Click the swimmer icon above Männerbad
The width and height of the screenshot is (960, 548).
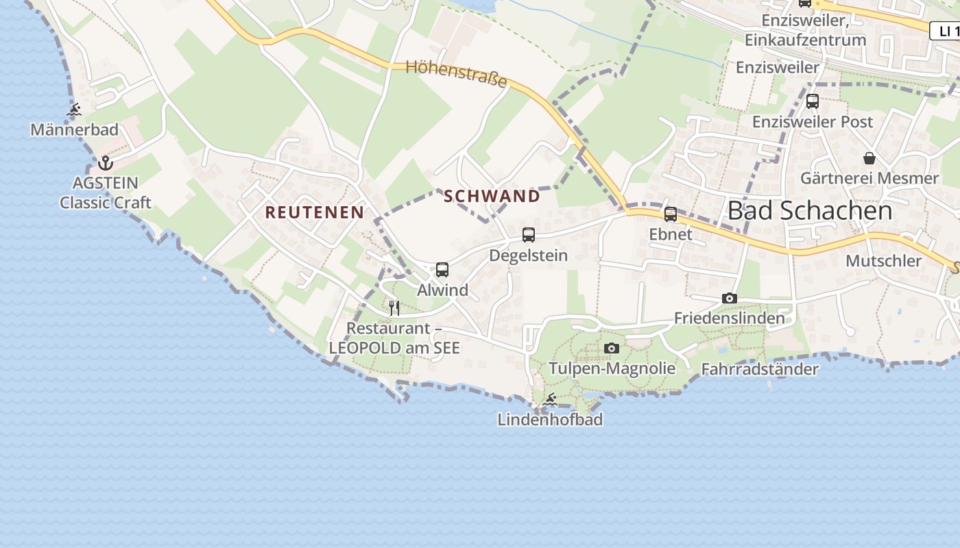[x=74, y=110]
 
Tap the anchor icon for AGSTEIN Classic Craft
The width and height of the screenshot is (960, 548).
[x=105, y=163]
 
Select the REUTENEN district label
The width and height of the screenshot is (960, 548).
[x=315, y=212]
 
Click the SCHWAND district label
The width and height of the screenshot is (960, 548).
[x=492, y=197]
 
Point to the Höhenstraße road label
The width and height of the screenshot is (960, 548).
[x=456, y=74]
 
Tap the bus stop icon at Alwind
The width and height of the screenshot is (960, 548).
[x=442, y=270]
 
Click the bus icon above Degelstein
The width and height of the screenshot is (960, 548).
[x=529, y=235]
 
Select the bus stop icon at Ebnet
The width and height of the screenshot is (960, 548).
[x=671, y=214]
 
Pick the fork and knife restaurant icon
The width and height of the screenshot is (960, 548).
[x=394, y=308]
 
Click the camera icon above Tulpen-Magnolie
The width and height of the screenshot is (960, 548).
[x=612, y=349]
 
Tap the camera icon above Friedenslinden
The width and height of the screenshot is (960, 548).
[x=730, y=299]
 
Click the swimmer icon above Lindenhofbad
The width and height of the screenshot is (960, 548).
[x=550, y=399]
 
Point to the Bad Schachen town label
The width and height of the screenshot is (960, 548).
[x=810, y=211]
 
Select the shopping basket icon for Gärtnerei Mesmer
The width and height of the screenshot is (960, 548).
[x=869, y=158]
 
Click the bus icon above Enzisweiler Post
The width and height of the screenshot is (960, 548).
[x=813, y=101]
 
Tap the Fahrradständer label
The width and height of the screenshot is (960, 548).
[x=760, y=370]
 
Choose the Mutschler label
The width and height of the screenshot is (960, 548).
[x=883, y=261]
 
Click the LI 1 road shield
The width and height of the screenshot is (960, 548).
[x=946, y=31]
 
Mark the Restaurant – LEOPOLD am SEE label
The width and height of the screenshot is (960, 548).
[x=394, y=338]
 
